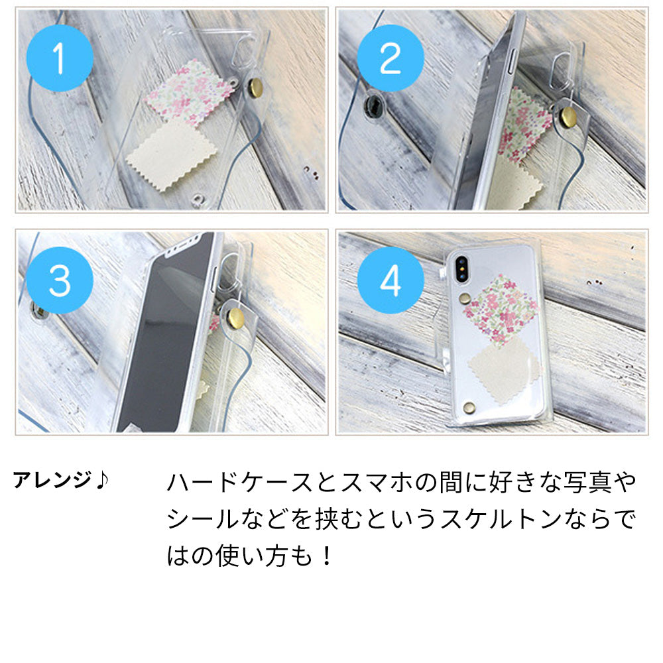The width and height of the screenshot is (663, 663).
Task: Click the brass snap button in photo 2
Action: click(568, 118)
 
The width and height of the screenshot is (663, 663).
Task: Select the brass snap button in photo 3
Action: click(234, 319)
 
